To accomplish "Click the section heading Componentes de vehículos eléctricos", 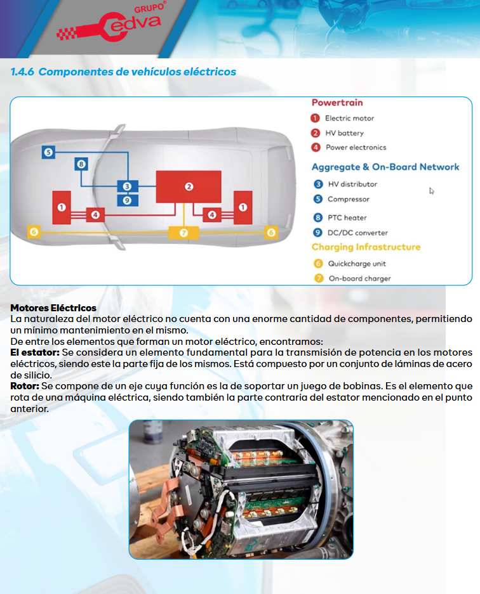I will click(123, 72).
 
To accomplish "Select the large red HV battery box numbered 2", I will click(189, 186).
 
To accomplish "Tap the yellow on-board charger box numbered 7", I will click(183, 233).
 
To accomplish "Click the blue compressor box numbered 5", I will click(49, 152).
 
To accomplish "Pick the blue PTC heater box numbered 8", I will click(81, 164).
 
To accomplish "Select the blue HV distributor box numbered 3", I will click(127, 186).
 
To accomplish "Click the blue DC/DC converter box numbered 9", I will click(127, 200).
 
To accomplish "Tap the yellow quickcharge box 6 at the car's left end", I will click(34, 233).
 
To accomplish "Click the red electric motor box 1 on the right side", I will click(242, 207).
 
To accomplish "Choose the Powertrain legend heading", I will click(337, 103).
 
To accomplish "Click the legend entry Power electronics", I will click(355, 148).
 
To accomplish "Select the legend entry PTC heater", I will click(347, 217).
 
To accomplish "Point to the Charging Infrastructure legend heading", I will click(366, 247).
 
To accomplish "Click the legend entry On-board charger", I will click(359, 278).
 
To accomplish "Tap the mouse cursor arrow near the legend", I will click(431, 190).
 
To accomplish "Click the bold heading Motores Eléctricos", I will click(53, 308).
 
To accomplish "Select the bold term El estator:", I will click(35, 352).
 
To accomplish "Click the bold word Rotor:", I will click(25, 385).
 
